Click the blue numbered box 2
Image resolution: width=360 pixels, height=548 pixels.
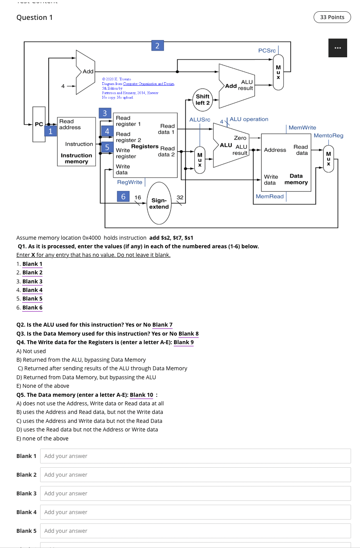pyautogui.click(x=157, y=46)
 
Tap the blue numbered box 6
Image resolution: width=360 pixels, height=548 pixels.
pyautogui.click(x=123, y=196)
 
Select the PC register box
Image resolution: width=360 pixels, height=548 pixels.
pyautogui.click(x=39, y=124)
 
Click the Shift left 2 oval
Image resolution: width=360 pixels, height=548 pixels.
pyautogui.click(x=203, y=100)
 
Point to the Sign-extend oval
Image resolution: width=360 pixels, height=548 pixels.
pyautogui.click(x=159, y=203)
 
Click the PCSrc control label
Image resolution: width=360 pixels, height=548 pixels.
pyautogui.click(x=267, y=51)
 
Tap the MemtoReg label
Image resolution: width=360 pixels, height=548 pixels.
pyautogui.click(x=328, y=136)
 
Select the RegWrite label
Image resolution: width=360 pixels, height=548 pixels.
pyautogui.click(x=130, y=182)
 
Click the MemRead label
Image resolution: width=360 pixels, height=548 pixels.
pyautogui.click(x=270, y=196)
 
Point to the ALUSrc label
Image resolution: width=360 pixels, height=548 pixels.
pyautogui.click(x=199, y=120)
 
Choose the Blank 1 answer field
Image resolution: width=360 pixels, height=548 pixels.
pyautogui.click(x=195, y=456)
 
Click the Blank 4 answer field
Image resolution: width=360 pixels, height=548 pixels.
pyautogui.click(x=195, y=512)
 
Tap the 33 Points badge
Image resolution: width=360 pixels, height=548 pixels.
pyautogui.click(x=332, y=17)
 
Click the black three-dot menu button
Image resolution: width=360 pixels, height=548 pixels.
pyautogui.click(x=337, y=48)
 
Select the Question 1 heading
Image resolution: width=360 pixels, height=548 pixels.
pyautogui.click(x=35, y=18)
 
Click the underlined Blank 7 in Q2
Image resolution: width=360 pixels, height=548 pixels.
pyautogui.click(x=162, y=325)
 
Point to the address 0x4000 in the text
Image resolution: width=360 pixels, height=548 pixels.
pyautogui.click(x=92, y=238)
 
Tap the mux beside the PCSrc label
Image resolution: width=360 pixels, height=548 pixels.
pyautogui.click(x=278, y=72)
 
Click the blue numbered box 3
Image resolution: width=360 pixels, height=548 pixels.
pyautogui.click(x=105, y=113)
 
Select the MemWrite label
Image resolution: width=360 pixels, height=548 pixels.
pyautogui.click(x=302, y=128)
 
